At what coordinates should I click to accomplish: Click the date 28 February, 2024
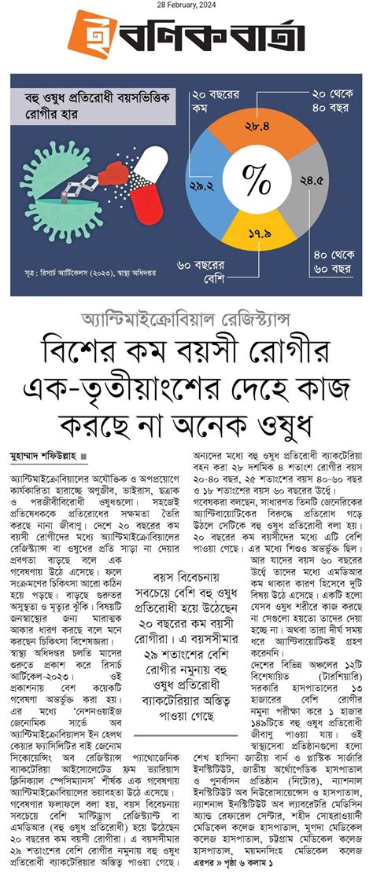point(186,6)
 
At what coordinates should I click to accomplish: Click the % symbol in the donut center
point(255,180)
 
